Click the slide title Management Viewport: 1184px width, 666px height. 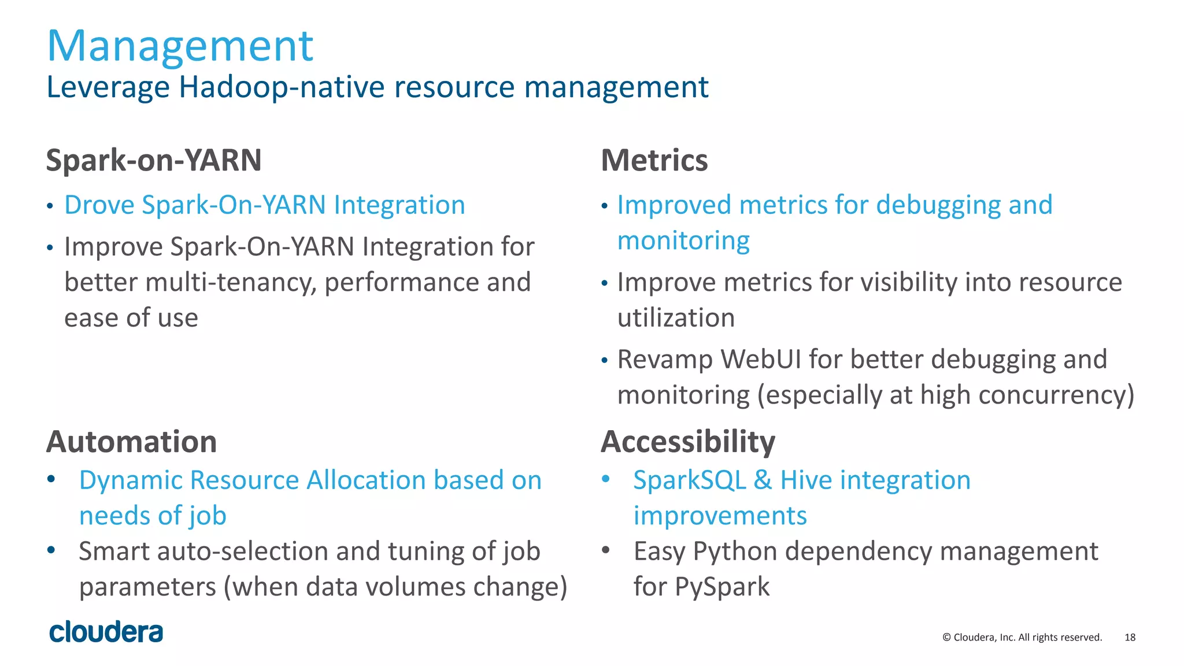[x=180, y=46]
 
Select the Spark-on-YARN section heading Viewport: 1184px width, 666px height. [x=154, y=160]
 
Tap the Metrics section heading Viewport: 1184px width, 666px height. [x=654, y=160]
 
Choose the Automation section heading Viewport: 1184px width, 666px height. [x=132, y=442]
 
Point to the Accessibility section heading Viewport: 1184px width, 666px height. [x=688, y=442]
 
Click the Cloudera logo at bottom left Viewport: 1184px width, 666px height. [x=106, y=632]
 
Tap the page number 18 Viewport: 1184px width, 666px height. [x=1130, y=637]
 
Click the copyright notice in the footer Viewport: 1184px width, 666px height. [x=1022, y=637]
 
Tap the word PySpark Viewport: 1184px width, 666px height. [x=721, y=587]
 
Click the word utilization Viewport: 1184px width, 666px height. [x=676, y=318]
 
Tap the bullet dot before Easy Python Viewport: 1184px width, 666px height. [x=605, y=549]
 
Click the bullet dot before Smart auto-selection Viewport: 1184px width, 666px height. [x=51, y=549]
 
